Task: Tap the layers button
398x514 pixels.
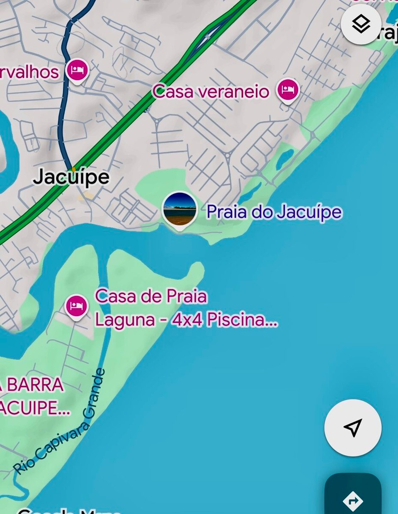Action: (361, 24)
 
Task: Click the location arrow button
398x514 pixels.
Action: (353, 427)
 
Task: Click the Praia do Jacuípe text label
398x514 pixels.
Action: (274, 212)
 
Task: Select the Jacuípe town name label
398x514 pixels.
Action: (71, 177)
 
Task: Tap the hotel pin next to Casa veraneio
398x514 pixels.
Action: (288, 90)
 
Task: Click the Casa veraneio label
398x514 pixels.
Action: (211, 91)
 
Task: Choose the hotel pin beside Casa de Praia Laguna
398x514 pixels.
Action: (76, 307)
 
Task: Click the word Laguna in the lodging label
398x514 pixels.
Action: (125, 320)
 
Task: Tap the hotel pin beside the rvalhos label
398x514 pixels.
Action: (77, 70)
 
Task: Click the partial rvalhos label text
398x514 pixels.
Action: (29, 72)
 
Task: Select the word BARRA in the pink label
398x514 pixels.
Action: (35, 385)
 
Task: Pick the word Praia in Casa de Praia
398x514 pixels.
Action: (187, 296)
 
